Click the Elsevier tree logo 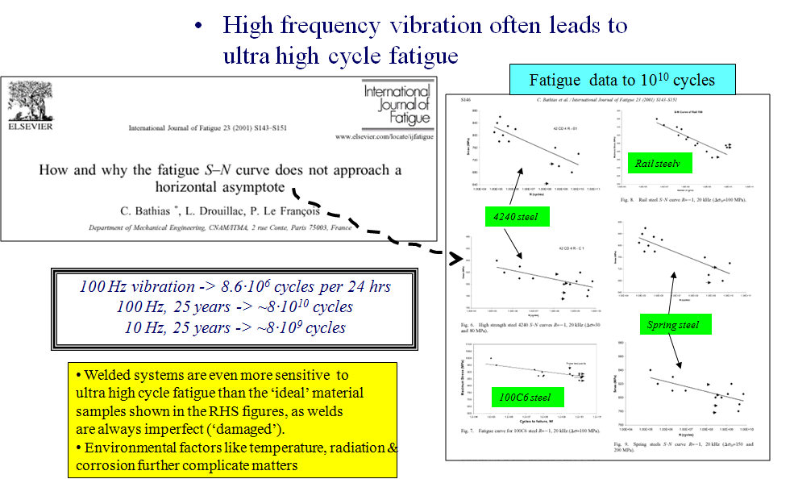(30, 102)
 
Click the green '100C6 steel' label (524, 397)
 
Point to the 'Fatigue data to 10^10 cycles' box (622, 80)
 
